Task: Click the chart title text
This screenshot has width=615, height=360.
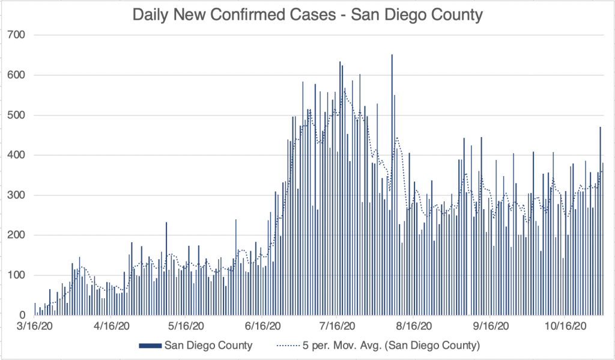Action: click(307, 14)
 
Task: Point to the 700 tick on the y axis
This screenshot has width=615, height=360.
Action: click(17, 35)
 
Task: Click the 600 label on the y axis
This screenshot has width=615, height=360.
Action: click(17, 75)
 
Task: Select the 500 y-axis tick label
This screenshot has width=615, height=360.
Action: click(17, 115)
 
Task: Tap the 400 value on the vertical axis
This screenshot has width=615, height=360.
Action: click(17, 155)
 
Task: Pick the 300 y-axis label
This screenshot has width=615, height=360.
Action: click(17, 195)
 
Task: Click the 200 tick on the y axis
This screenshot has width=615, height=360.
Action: click(17, 235)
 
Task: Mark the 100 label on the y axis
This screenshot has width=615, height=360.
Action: click(17, 275)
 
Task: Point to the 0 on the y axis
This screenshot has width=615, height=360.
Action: click(23, 315)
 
